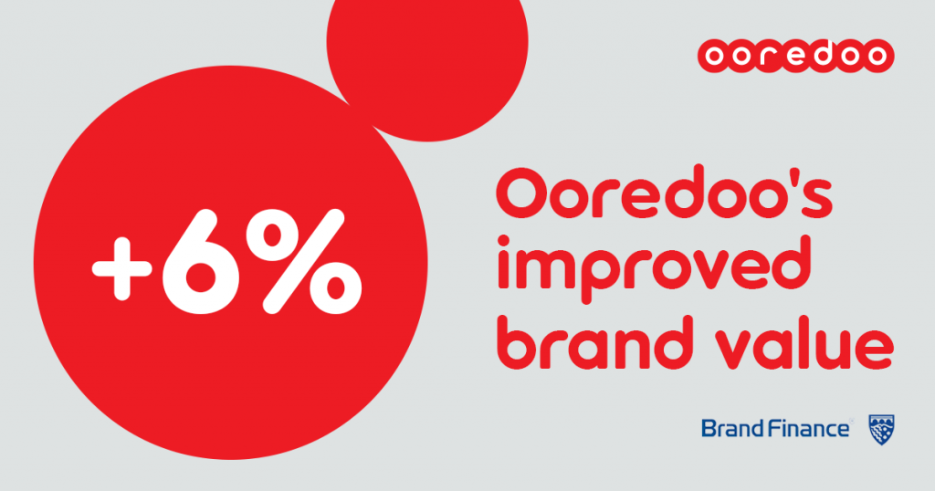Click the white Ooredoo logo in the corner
(x=795, y=56)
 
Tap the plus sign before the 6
(x=121, y=268)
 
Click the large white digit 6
(x=202, y=262)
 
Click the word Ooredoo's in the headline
(x=665, y=193)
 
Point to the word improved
(x=654, y=269)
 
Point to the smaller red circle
(x=427, y=59)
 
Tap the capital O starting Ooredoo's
(x=521, y=194)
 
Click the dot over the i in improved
(x=504, y=241)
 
